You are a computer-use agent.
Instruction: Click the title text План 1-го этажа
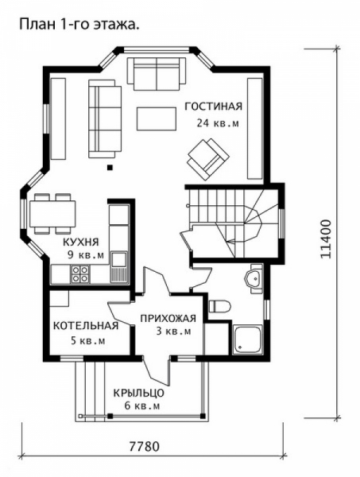click(79, 25)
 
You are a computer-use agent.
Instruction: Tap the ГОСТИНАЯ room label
click(214, 107)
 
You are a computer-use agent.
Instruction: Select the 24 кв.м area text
click(218, 123)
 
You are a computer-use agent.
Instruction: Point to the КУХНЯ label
click(81, 242)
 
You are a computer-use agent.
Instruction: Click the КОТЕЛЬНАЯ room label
click(86, 325)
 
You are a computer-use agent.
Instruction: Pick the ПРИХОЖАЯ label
click(168, 319)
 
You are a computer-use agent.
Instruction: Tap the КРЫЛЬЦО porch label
click(139, 393)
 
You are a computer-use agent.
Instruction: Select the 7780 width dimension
click(145, 447)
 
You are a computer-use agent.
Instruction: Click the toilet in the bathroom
click(219, 306)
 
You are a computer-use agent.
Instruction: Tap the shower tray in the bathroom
click(247, 339)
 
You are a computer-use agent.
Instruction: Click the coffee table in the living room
click(157, 118)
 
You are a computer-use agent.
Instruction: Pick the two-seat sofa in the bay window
click(157, 74)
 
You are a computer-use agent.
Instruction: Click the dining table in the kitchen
click(52, 213)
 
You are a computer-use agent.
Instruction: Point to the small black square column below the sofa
click(110, 167)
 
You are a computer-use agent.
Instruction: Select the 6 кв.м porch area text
click(142, 406)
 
